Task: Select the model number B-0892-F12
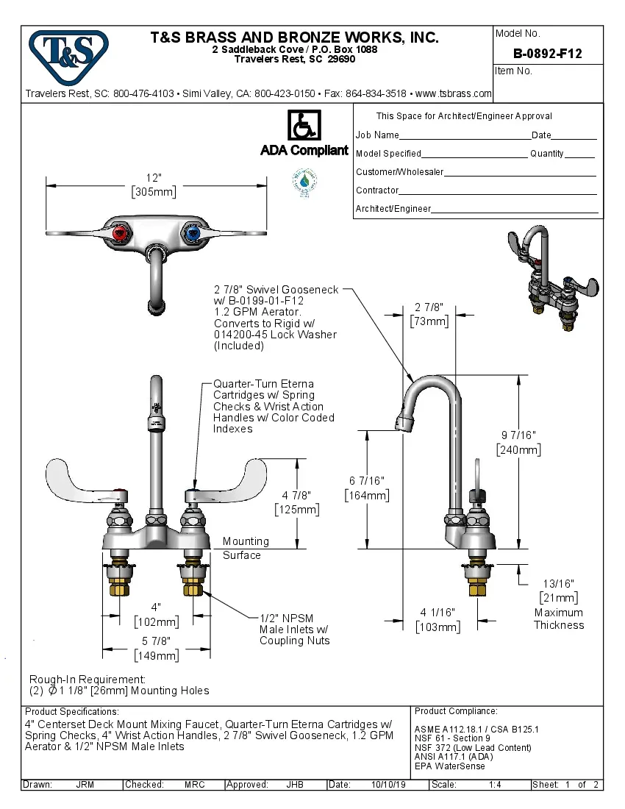(547, 54)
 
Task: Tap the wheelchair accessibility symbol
(304, 125)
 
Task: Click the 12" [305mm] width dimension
(154, 185)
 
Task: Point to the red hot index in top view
(122, 235)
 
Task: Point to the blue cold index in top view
(191, 235)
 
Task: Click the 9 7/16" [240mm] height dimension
(518, 442)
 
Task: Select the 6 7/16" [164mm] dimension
(367, 488)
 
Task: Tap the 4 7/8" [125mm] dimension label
(296, 502)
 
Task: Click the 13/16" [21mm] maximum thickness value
(559, 590)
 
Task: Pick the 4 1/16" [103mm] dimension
(438, 619)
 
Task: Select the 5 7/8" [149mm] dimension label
(155, 649)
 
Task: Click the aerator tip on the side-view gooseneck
(404, 424)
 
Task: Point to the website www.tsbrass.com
(453, 93)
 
